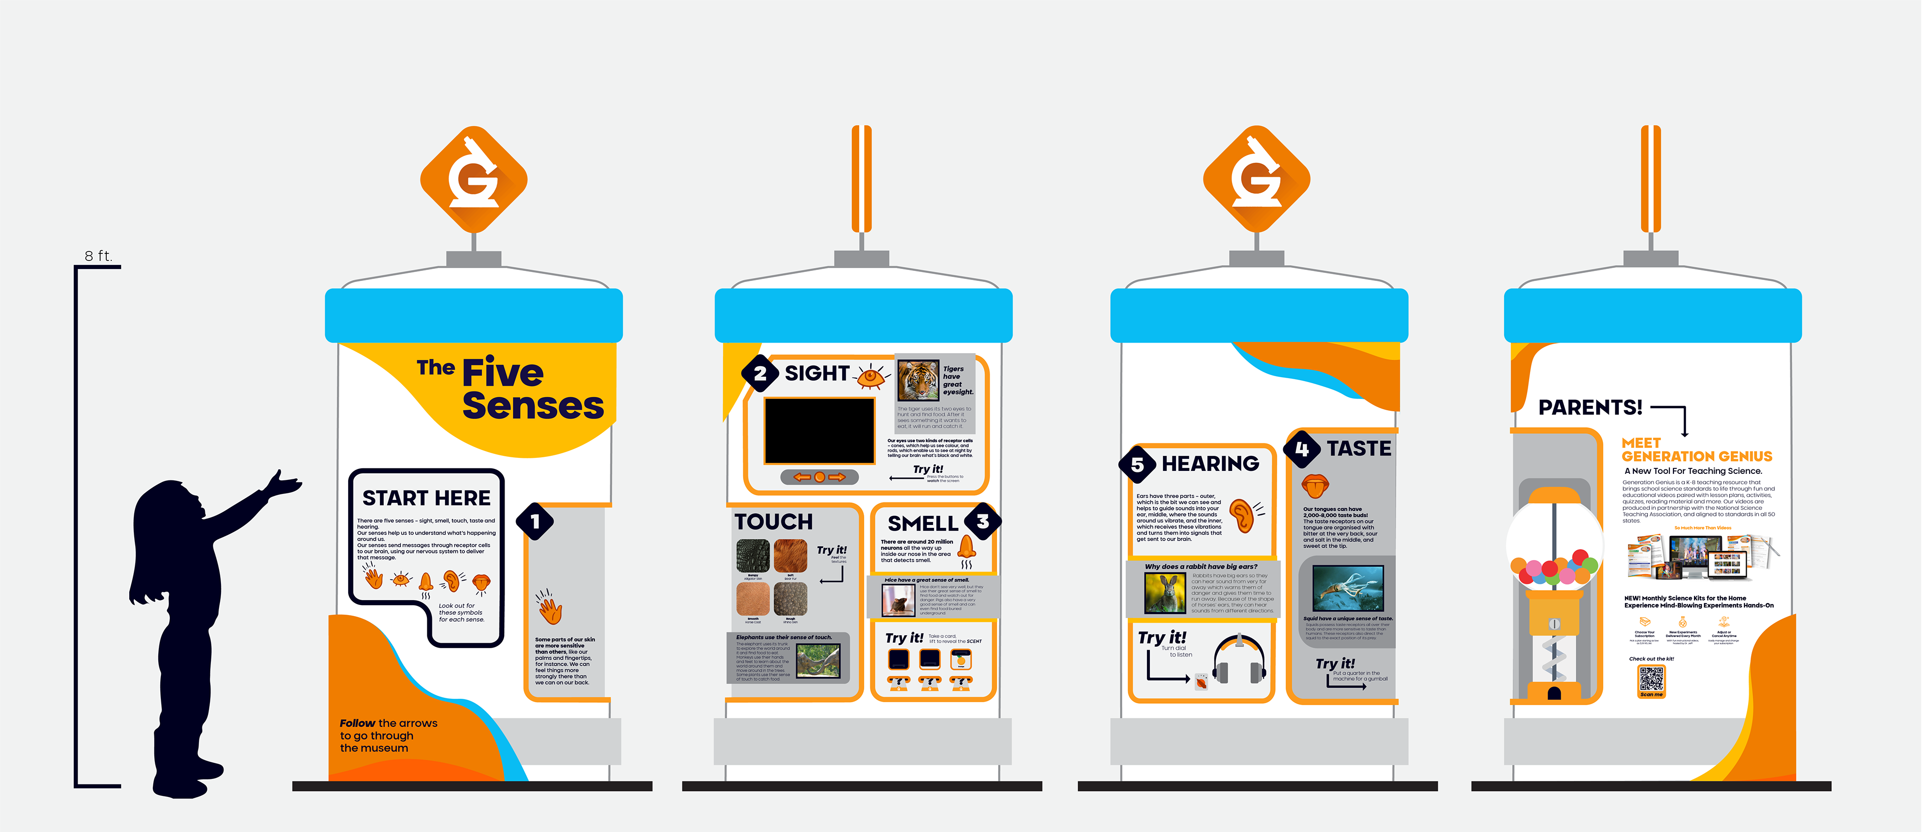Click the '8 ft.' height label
[x=98, y=256]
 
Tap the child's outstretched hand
[x=286, y=484]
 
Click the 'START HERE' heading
[x=426, y=498]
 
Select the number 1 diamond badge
[x=535, y=521]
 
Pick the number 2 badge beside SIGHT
[x=760, y=374]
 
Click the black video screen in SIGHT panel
[x=819, y=431]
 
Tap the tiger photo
[x=918, y=380]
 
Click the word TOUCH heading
[x=774, y=521]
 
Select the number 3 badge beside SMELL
[x=982, y=521]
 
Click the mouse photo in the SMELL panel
[x=898, y=600]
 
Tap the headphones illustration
[x=1239, y=659]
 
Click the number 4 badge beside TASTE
[x=1302, y=449]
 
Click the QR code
[x=1650, y=679]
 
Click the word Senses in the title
[x=533, y=406]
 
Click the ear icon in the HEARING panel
[x=1242, y=514]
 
